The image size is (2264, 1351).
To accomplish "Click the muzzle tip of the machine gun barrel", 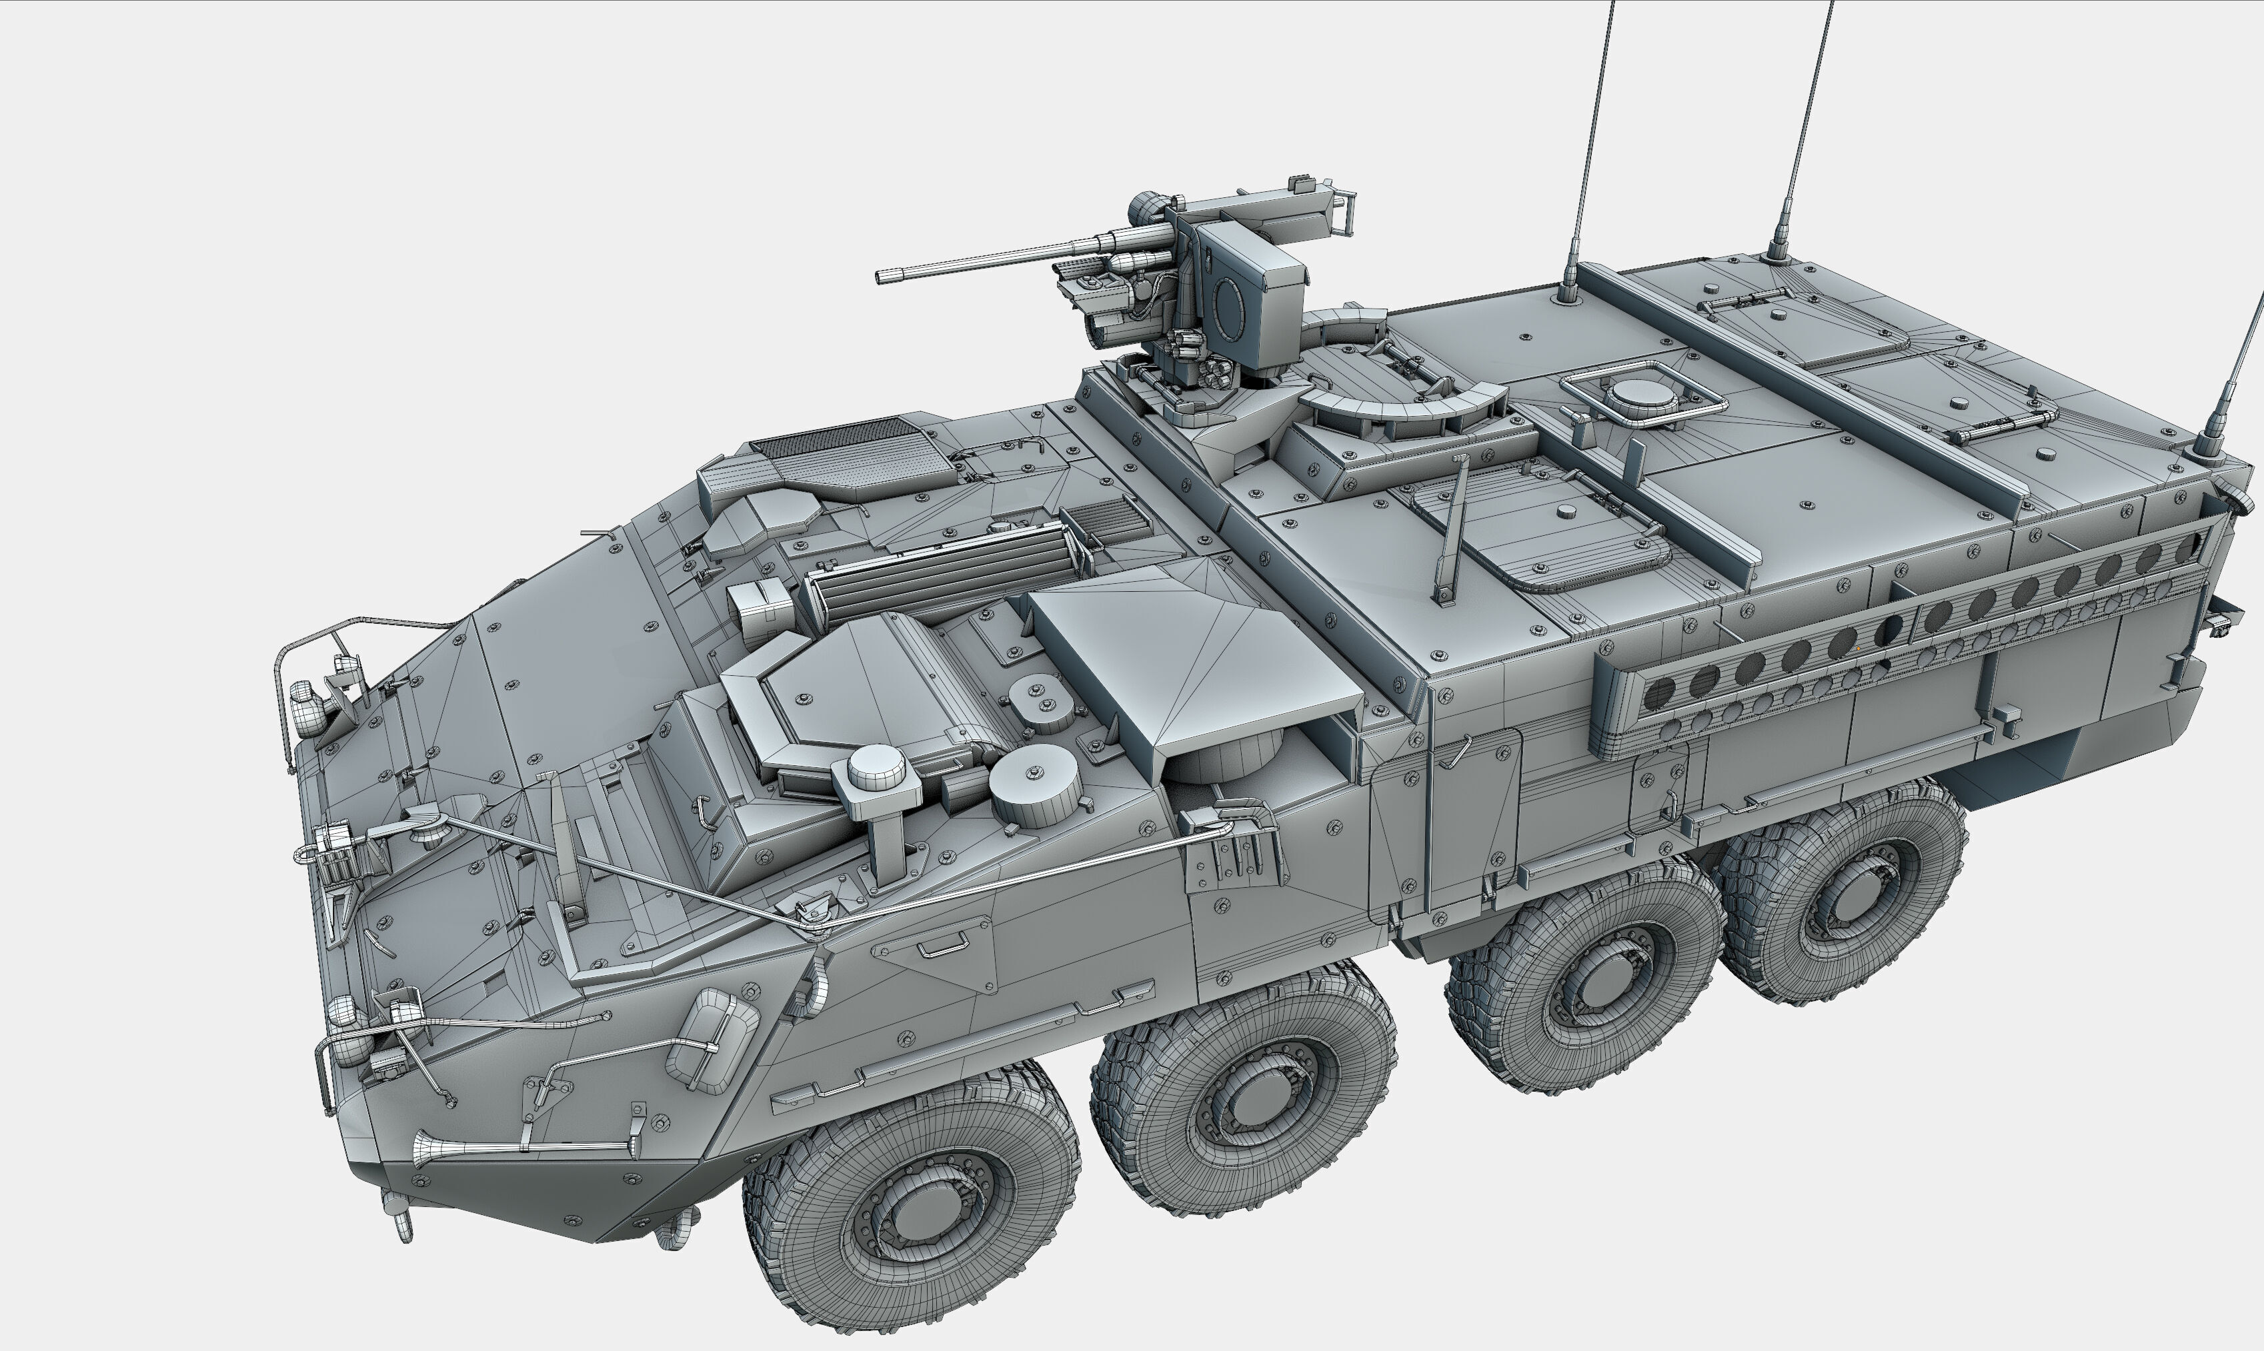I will point(882,277).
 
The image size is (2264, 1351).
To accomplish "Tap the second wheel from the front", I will point(1244,1088).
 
